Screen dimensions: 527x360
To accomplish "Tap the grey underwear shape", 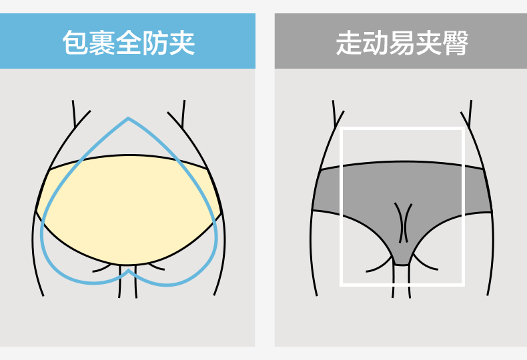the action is point(360,193).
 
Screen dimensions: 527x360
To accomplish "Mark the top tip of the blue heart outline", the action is point(128,119).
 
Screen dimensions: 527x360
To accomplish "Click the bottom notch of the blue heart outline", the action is point(128,271).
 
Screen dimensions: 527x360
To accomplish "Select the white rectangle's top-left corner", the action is point(342,129).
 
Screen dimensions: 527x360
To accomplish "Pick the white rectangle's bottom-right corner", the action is point(463,285).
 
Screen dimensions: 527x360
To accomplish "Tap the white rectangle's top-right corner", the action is point(463,129).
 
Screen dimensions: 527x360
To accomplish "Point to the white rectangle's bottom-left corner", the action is point(342,285).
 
